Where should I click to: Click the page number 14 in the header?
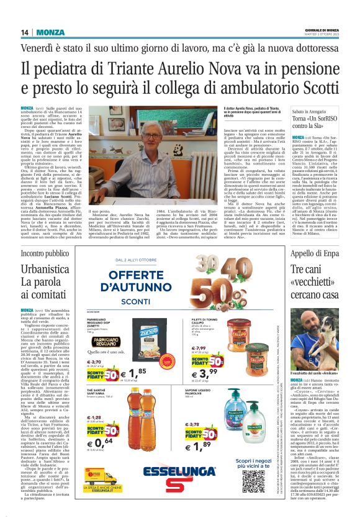[25, 32]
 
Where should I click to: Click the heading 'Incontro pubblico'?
[45, 253]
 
